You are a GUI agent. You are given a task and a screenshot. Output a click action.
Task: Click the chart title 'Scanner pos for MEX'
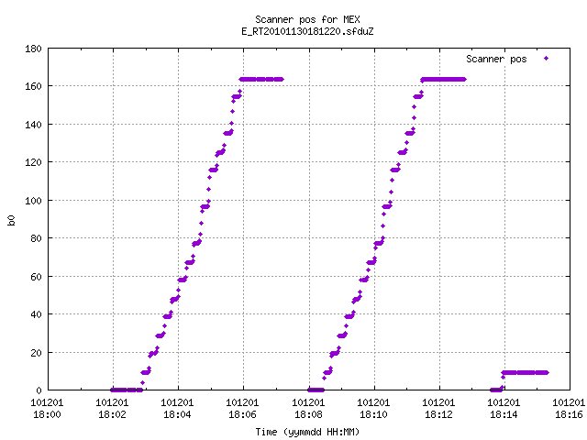(x=307, y=19)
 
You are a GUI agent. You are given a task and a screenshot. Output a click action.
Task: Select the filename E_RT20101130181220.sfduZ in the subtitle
(x=307, y=31)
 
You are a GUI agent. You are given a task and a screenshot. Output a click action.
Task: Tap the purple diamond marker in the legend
(x=547, y=59)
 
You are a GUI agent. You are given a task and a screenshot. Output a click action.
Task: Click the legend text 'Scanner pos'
(x=496, y=59)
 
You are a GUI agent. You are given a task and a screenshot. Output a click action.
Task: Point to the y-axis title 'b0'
(x=11, y=220)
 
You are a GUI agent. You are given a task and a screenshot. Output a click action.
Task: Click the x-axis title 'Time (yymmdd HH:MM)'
(x=307, y=432)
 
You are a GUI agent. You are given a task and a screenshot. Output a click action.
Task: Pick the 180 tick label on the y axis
(x=33, y=49)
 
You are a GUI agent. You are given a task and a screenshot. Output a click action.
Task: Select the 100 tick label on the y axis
(x=33, y=201)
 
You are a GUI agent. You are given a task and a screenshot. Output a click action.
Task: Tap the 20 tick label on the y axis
(x=36, y=352)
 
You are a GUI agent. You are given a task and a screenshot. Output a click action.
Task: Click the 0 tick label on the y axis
(x=39, y=390)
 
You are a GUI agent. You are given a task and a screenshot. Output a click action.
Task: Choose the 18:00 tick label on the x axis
(x=47, y=414)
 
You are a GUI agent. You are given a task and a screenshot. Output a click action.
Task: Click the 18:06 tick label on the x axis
(x=242, y=414)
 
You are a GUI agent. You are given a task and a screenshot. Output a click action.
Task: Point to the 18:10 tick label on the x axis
(x=373, y=414)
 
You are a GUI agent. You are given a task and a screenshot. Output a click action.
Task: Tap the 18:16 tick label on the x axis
(x=569, y=414)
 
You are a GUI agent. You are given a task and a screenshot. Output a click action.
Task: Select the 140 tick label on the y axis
(x=33, y=125)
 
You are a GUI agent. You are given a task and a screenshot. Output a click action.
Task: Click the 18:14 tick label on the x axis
(x=504, y=414)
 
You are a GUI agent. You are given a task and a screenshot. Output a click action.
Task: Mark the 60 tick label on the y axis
(x=36, y=277)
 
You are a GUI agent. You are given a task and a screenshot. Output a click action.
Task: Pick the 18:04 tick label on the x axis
(x=177, y=414)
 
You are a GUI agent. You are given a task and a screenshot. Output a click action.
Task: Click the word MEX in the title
(x=351, y=19)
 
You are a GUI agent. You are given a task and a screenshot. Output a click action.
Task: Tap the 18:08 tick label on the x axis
(x=308, y=414)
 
